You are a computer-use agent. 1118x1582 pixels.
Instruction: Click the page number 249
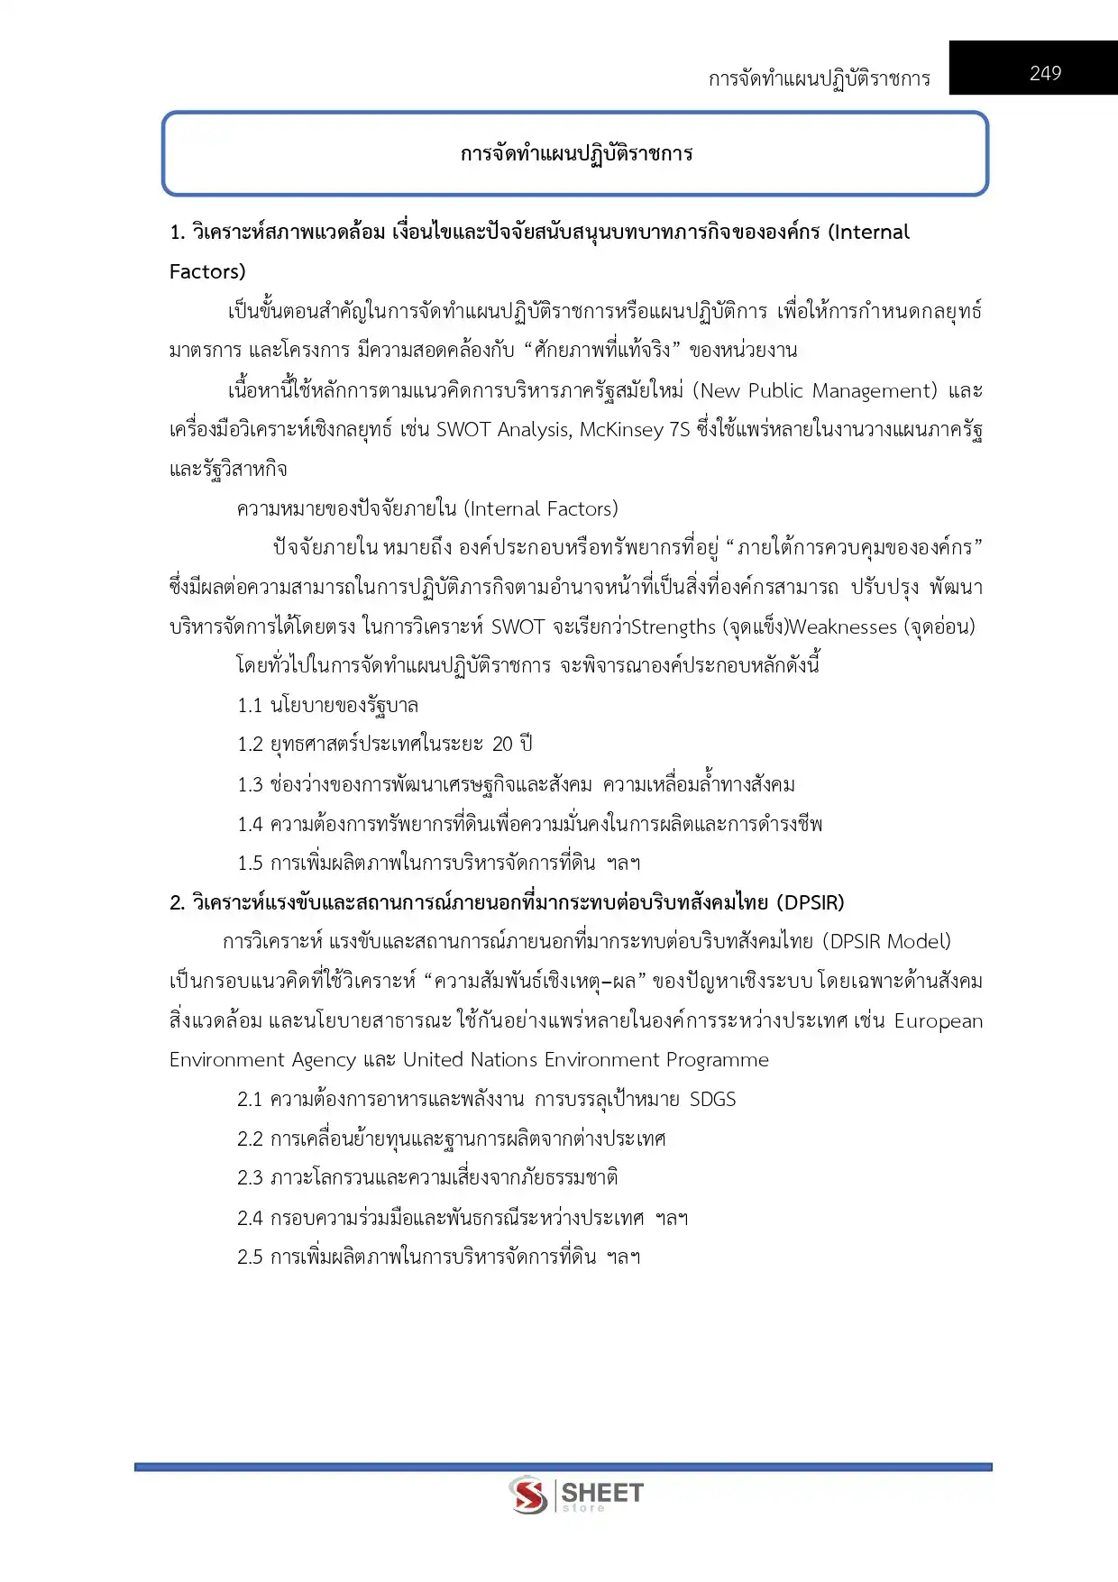(x=1045, y=74)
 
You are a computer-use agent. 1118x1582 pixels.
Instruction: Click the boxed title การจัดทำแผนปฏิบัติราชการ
(x=576, y=153)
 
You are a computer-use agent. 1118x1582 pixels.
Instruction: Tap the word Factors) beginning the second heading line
(x=207, y=272)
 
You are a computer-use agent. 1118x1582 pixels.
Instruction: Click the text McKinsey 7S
(x=634, y=430)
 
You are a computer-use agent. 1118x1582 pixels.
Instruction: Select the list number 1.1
(x=250, y=706)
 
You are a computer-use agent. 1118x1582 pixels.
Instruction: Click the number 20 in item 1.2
(x=502, y=745)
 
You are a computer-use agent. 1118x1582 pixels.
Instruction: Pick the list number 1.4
(x=250, y=824)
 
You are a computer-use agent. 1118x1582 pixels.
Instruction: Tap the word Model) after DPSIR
(x=919, y=942)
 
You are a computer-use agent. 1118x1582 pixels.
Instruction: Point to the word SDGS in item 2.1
(x=712, y=1100)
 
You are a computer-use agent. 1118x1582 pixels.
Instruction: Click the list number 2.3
(x=250, y=1178)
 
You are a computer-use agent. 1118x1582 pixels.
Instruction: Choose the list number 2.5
(x=250, y=1257)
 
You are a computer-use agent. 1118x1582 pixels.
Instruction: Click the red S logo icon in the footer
(x=527, y=1495)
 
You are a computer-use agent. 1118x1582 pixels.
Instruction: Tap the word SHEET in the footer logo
(x=602, y=1493)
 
